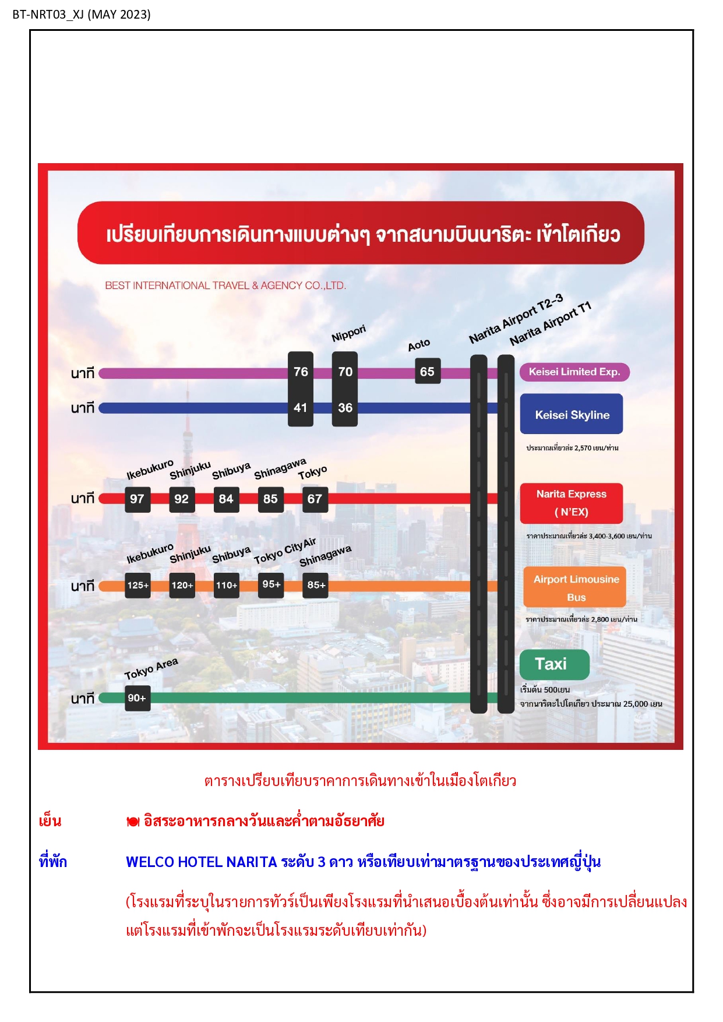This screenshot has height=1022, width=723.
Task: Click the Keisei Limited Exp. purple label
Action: point(574,372)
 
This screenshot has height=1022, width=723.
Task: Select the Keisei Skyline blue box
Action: point(572,414)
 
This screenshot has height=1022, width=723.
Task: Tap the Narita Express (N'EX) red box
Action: point(572,503)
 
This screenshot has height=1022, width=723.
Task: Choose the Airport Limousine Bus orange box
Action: point(575,587)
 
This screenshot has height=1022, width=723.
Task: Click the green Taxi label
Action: point(554,664)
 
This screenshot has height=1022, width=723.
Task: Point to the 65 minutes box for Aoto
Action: point(427,371)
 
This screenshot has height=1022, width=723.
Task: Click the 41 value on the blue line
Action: point(301,408)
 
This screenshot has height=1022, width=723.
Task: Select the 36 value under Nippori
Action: point(345,408)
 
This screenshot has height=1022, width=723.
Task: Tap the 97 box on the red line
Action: point(137,499)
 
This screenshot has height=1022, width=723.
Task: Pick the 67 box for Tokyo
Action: point(315,499)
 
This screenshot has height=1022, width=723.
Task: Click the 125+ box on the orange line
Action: point(138,585)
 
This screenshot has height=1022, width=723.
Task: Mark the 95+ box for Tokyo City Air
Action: point(271,584)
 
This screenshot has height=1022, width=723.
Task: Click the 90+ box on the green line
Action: point(137,698)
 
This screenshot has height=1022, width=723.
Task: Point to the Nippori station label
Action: point(348,333)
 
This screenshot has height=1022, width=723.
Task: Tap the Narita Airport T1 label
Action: point(551,323)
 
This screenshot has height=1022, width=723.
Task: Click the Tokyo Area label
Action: point(151,668)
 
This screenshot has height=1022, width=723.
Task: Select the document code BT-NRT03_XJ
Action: point(48,15)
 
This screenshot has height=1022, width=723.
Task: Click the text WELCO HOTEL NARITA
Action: point(201,862)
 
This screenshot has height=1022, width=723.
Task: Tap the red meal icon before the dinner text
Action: point(133,822)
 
